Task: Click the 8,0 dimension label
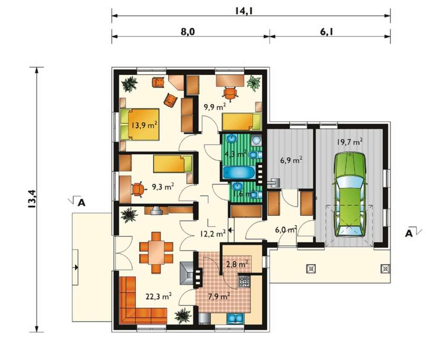(188, 32)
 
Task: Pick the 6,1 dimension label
(327, 32)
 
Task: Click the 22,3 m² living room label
(158, 296)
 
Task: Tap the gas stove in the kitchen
(244, 281)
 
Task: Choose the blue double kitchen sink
(235, 318)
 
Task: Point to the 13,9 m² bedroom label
(144, 125)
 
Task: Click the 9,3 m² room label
(163, 187)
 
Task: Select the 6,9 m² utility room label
(291, 160)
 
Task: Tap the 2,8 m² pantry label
(237, 264)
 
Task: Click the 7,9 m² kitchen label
(219, 297)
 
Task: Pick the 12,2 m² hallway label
(213, 233)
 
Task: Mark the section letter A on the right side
(409, 233)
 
